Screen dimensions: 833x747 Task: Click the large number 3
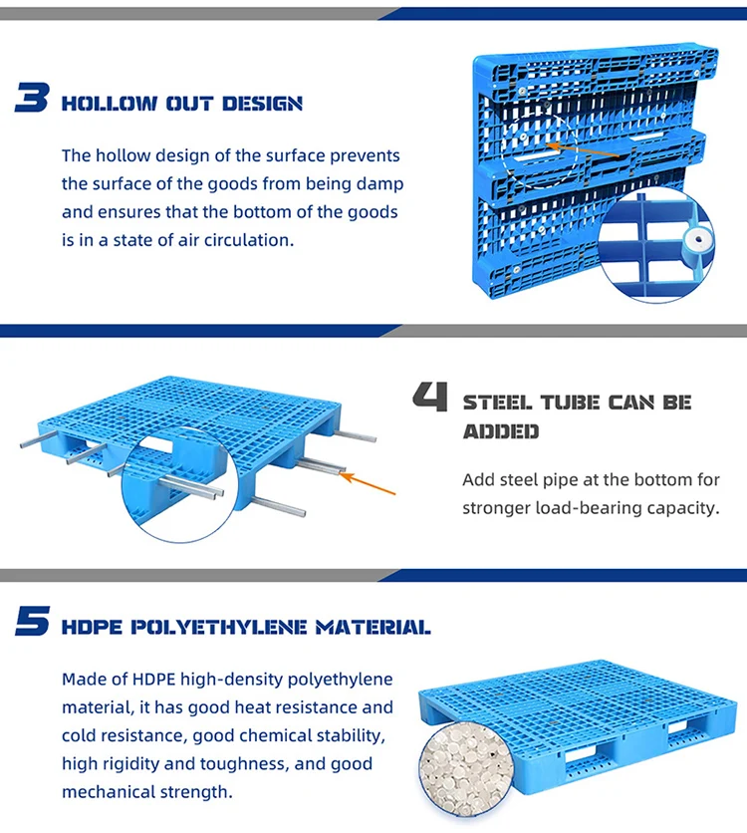pos(33,99)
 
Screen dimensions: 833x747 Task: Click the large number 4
pos(431,399)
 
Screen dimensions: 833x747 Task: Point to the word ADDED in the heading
pos(501,431)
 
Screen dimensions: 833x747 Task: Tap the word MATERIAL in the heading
pos(372,628)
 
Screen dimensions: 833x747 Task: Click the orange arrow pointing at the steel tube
pos(368,484)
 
